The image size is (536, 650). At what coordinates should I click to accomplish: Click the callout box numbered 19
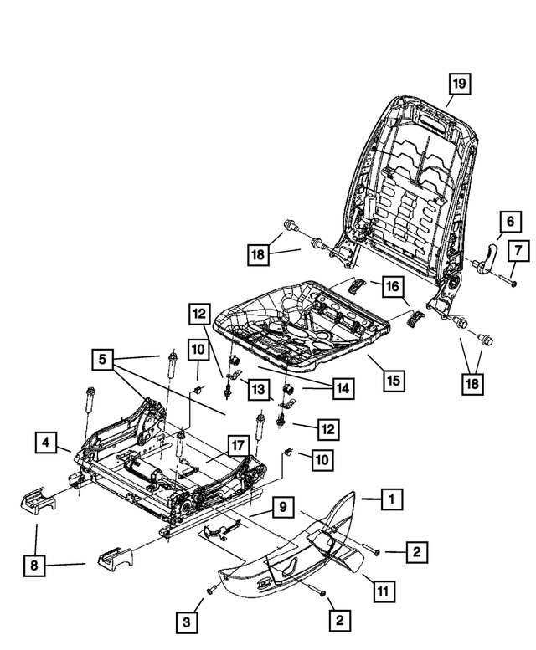458,84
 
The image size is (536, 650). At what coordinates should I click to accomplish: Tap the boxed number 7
518,249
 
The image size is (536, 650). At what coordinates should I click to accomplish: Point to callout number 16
391,287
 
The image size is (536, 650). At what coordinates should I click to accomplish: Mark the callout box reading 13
259,390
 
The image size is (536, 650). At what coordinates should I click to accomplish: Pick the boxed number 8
33,566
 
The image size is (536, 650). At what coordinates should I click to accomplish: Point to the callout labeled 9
283,507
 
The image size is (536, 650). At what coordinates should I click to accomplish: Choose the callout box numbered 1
390,499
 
